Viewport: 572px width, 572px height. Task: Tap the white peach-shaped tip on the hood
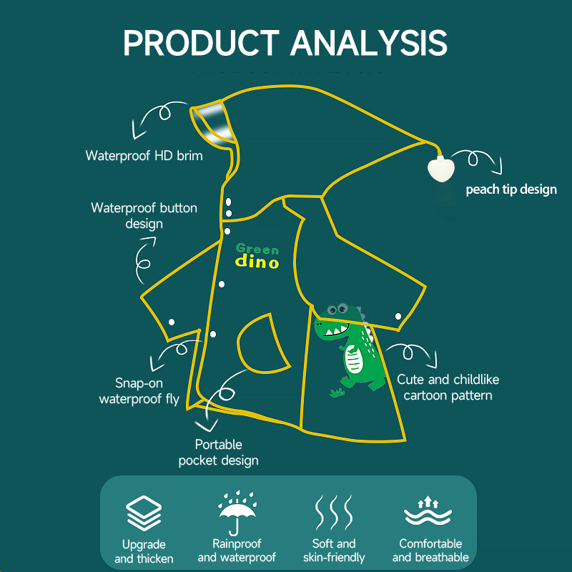click(x=440, y=169)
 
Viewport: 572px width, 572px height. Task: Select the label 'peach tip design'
click(x=511, y=189)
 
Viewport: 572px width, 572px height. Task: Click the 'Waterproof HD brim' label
click(x=144, y=155)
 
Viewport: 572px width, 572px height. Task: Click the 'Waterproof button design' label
click(x=144, y=216)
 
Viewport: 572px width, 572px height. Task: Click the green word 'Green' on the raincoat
click(x=257, y=249)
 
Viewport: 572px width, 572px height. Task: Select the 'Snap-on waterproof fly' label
click(x=139, y=391)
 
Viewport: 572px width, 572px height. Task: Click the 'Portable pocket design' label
click(x=218, y=453)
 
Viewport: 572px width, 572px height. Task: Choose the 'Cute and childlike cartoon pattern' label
click(x=448, y=387)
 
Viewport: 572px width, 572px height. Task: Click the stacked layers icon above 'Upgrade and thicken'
click(x=144, y=513)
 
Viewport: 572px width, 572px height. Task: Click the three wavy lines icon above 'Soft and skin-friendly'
click(x=334, y=512)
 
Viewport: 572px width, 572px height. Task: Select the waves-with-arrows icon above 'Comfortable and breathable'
click(x=430, y=512)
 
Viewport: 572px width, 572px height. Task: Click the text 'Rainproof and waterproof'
click(x=237, y=551)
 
